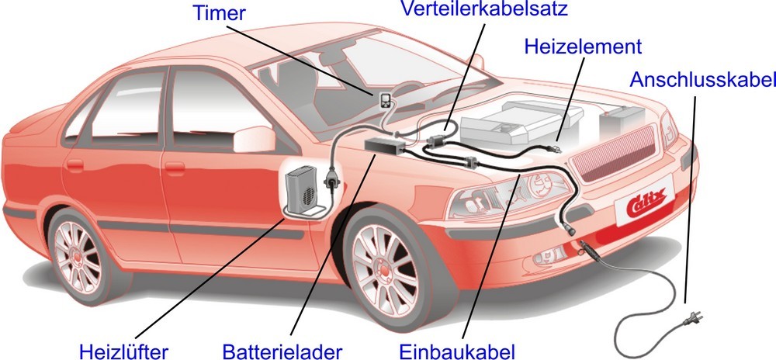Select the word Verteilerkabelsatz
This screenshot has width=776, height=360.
tap(484, 9)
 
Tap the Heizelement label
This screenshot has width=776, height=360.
tap(583, 47)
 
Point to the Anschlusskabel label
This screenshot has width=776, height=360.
tap(702, 80)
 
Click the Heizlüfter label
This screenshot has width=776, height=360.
tap(123, 351)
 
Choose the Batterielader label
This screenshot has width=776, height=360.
tap(282, 351)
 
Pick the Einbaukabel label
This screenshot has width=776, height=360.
tap(457, 351)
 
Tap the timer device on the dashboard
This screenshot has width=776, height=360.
tap(385, 100)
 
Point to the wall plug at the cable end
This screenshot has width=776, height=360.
tap(692, 319)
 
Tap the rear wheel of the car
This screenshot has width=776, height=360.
tap(78, 256)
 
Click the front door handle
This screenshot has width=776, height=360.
tap(175, 168)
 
